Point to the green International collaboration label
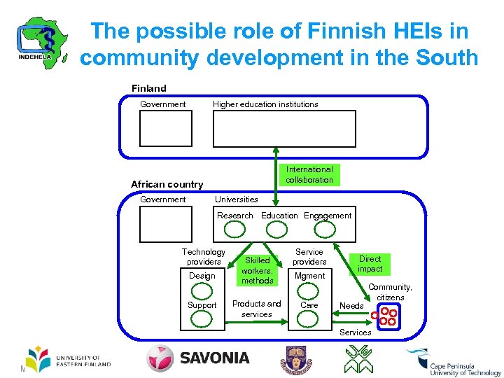pos(309,174)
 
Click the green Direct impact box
pos(370,264)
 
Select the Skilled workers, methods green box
pos(257,270)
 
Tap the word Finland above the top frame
pos(149,88)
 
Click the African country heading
pos(167,184)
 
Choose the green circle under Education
pos(281,228)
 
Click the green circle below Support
pos(202,318)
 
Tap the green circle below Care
pos(309,318)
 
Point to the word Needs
pos(351,306)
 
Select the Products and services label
pos(256,309)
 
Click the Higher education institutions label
pos(265,104)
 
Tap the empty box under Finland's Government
pos(165,129)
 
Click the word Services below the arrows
pos(355,332)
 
